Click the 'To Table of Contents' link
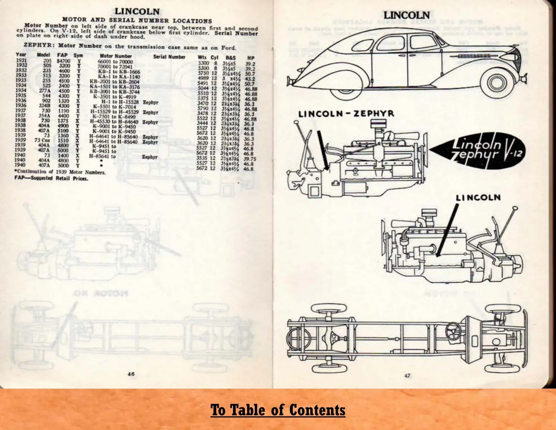pyautogui.click(x=278, y=410)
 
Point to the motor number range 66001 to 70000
pyautogui.click(x=115, y=62)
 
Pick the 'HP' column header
pyautogui.click(x=251, y=57)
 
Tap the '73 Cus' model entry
pyautogui.click(x=43, y=140)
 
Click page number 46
pyautogui.click(x=131, y=374)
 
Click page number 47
pyautogui.click(x=407, y=376)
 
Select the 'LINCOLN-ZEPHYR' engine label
pyautogui.click(x=346, y=114)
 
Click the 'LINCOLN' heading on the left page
pyautogui.click(x=137, y=13)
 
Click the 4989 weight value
pyautogui.click(x=203, y=78)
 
